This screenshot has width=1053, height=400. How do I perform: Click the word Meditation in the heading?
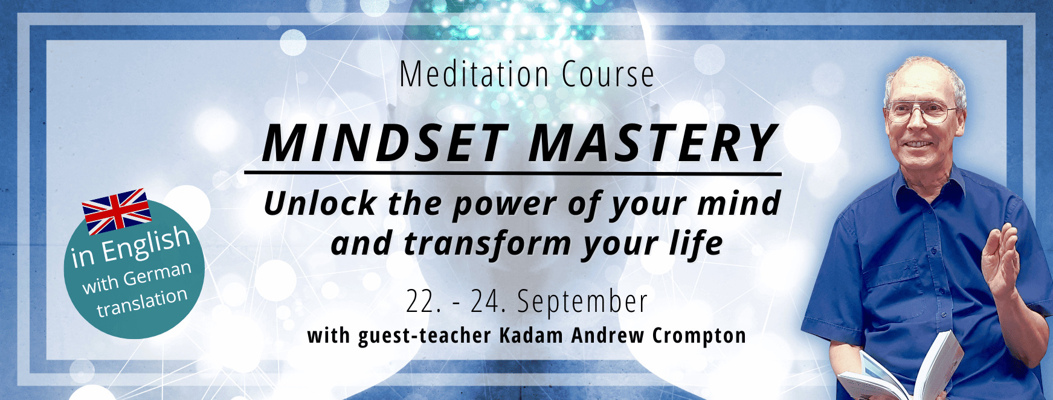[x=474, y=75]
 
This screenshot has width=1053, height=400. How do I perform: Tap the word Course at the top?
[x=608, y=75]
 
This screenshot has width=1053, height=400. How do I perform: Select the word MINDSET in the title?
[x=385, y=144]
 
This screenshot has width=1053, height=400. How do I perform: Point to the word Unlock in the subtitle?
[x=320, y=203]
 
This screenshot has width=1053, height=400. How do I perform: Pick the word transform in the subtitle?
[x=487, y=244]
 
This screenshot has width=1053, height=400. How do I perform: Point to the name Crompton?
[x=699, y=336]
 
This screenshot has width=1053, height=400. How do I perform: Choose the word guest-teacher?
[x=425, y=336]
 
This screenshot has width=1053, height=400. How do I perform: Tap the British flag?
[x=117, y=211]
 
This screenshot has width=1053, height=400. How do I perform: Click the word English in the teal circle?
[x=146, y=243]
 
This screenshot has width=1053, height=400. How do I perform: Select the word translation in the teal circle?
[x=142, y=302]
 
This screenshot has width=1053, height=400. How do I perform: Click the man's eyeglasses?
[x=921, y=112]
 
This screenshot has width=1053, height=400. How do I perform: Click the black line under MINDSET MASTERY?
[x=513, y=174]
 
